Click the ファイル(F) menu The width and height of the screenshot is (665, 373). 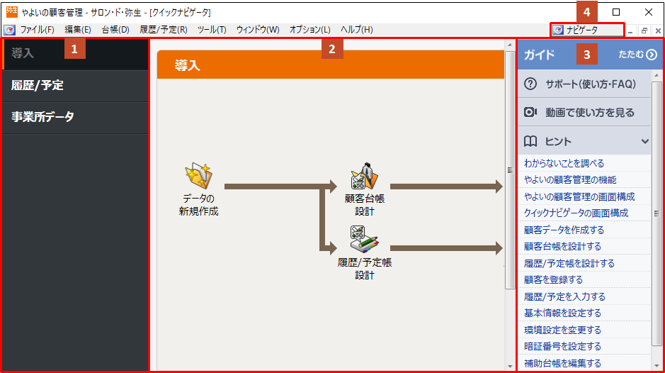coord(38,30)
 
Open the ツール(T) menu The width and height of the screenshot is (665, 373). coord(212,30)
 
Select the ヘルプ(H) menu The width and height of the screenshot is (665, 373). coord(357,30)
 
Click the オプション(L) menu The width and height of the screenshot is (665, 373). coord(309,30)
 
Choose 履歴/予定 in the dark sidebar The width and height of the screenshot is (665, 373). coord(38,85)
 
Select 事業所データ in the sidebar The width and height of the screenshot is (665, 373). coord(42,117)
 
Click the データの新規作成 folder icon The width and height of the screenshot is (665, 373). coord(198,175)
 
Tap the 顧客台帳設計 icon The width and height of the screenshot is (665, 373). coord(364,176)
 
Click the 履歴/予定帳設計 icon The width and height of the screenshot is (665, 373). coord(364,239)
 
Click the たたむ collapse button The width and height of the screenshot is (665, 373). coord(637,55)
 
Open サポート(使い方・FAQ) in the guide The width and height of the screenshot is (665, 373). coord(591,84)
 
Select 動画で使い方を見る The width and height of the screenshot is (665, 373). coord(589,113)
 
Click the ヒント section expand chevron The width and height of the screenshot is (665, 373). coord(644,141)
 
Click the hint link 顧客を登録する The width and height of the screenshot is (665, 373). coord(553,280)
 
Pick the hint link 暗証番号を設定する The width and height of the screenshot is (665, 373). coord(562,347)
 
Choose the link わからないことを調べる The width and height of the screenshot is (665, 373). coord(564,164)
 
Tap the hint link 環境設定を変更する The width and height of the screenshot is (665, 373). coord(562,330)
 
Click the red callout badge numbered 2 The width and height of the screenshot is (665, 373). coord(332,49)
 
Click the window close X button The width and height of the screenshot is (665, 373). coord(649,12)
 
